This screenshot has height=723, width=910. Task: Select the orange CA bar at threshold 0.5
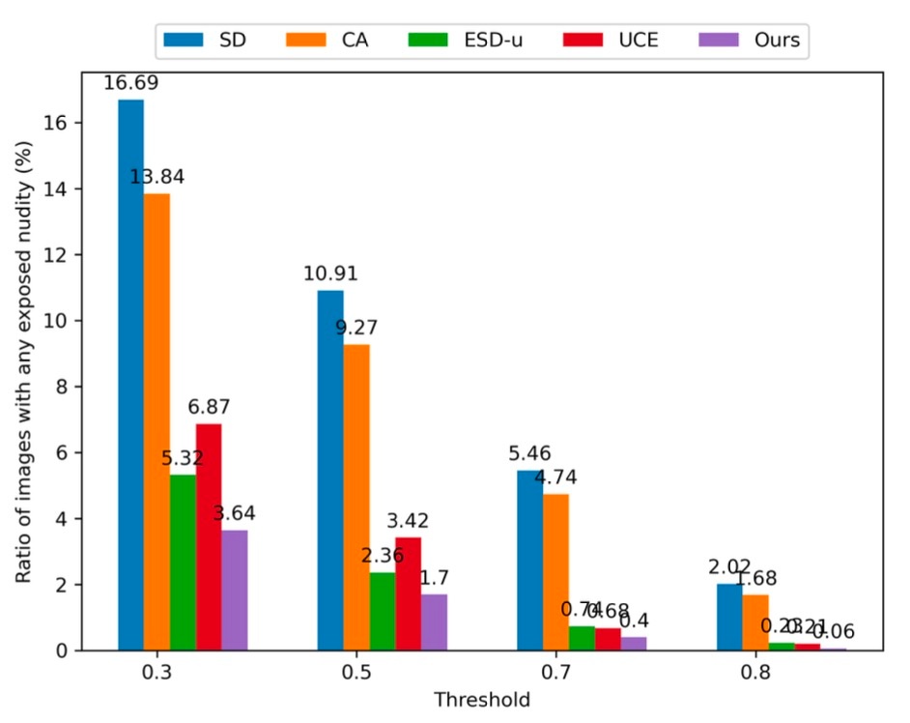pyautogui.click(x=356, y=497)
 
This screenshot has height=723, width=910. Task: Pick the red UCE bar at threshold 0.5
pyautogui.click(x=409, y=593)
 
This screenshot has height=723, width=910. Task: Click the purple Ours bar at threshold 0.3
pyautogui.click(x=235, y=590)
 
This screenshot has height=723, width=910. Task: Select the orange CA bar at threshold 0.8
pyautogui.click(x=755, y=622)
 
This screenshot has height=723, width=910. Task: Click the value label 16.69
pyautogui.click(x=130, y=84)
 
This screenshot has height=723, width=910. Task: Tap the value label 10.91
pyautogui.click(x=330, y=275)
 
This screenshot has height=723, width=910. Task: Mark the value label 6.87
pyautogui.click(x=209, y=408)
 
